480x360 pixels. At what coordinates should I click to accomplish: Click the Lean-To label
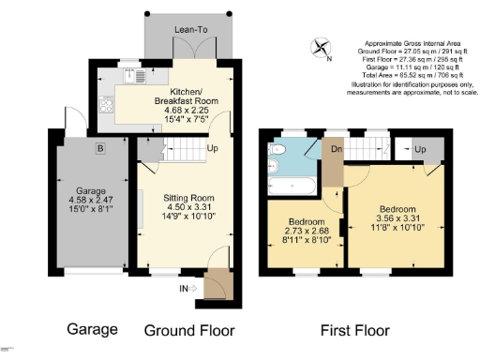coord(189,29)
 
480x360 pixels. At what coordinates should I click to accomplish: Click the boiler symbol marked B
coord(99,147)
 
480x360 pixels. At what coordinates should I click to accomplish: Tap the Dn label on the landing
coord(334,148)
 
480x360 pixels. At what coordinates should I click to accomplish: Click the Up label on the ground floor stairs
coord(213,149)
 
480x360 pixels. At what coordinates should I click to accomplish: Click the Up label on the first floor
coord(419,149)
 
